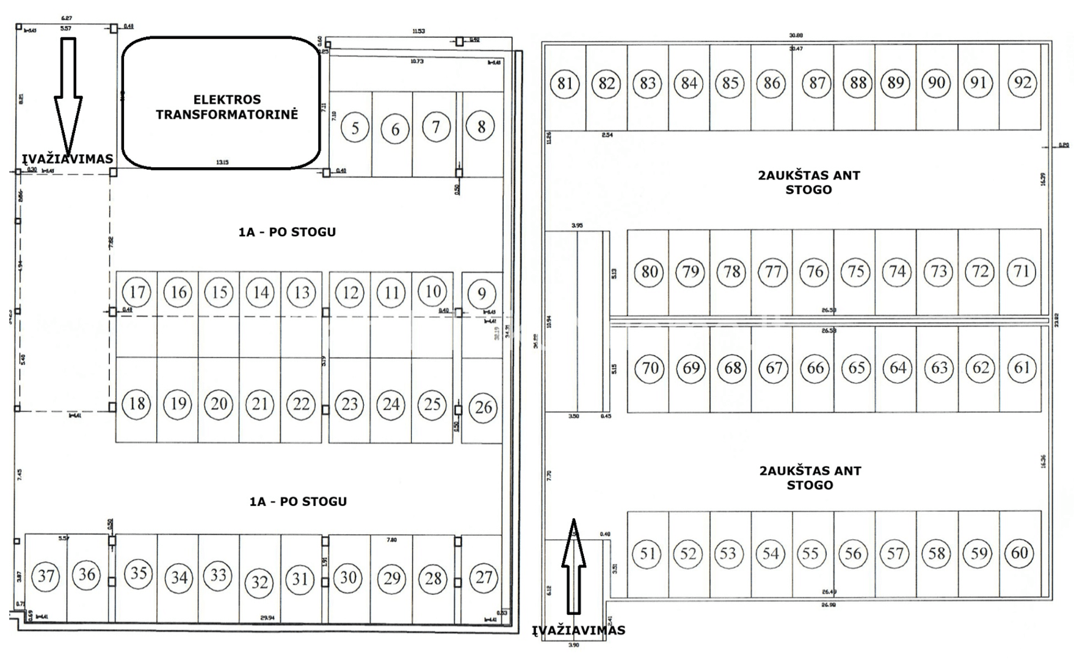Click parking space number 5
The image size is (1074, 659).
(x=355, y=128)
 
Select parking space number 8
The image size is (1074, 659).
(x=481, y=126)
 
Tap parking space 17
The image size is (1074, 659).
(x=137, y=292)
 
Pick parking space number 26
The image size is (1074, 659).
(x=483, y=407)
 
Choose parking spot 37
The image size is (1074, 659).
(x=46, y=575)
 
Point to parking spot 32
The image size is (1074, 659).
(x=259, y=582)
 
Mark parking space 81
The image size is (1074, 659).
(x=565, y=83)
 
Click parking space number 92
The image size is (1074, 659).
(x=1022, y=82)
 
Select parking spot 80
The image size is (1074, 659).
(x=649, y=272)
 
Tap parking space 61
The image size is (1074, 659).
(x=1021, y=367)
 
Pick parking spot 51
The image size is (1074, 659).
(x=647, y=553)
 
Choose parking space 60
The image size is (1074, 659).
(x=1020, y=553)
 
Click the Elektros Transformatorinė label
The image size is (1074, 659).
(x=227, y=107)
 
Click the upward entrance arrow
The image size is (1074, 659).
(x=573, y=564)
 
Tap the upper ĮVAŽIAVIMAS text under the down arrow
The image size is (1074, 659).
(x=68, y=159)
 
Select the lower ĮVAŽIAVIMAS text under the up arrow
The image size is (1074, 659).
(x=578, y=630)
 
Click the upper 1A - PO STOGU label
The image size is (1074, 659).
(x=287, y=232)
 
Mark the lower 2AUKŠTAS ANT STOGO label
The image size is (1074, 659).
(x=810, y=478)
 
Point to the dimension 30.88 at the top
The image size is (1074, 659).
(x=796, y=35)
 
